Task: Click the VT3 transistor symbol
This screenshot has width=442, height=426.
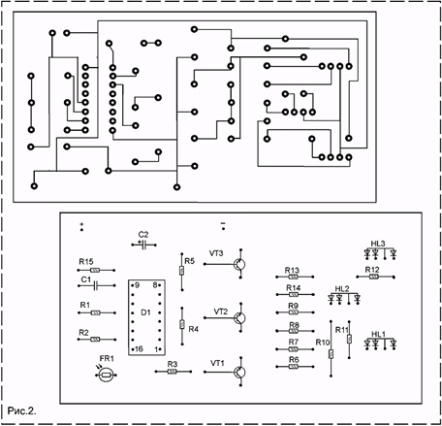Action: click(x=239, y=264)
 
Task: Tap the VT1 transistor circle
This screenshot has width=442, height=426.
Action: click(x=239, y=372)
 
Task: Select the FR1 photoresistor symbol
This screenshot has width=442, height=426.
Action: click(x=106, y=376)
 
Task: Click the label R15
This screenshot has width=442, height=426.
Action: click(x=86, y=262)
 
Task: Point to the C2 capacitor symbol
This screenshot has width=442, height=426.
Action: click(x=143, y=245)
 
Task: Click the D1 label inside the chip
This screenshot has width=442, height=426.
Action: click(x=145, y=312)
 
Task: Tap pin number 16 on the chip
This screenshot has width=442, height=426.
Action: click(x=139, y=349)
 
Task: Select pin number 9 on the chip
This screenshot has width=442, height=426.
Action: click(x=138, y=285)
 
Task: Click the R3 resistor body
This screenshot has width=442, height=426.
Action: click(x=173, y=372)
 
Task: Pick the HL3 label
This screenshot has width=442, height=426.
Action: click(x=378, y=244)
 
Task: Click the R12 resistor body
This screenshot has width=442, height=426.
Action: click(x=374, y=277)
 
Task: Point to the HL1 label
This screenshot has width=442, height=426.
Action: click(x=378, y=334)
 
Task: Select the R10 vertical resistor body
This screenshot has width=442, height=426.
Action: click(x=331, y=354)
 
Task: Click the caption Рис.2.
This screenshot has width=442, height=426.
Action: click(x=21, y=410)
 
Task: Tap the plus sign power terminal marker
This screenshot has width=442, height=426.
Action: click(x=81, y=224)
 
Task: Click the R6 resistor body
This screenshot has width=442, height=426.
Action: click(x=293, y=367)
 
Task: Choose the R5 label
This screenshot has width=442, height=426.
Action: click(x=190, y=261)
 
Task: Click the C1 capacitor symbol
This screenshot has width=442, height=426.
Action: click(x=96, y=285)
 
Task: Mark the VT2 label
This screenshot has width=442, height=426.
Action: click(x=221, y=311)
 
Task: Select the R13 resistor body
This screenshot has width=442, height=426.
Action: click(x=293, y=277)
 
